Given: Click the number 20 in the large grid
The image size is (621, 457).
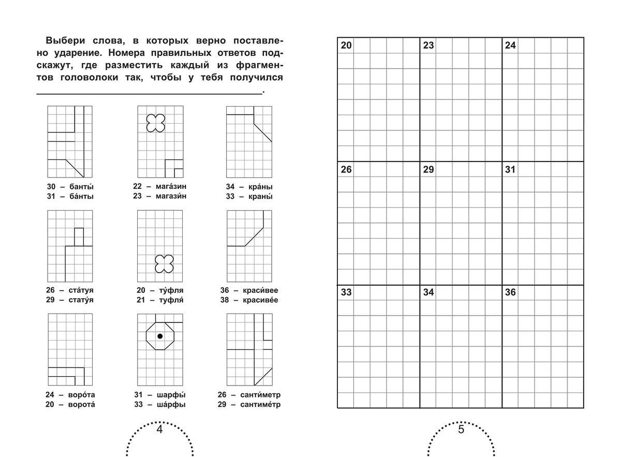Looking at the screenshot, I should point(346,46).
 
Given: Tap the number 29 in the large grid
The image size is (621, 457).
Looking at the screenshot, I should point(428,169).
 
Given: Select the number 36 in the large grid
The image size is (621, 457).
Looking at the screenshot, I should point(510,292).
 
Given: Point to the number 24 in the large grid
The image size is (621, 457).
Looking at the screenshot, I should point(510,46).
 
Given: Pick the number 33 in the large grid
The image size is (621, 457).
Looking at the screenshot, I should point(346,292).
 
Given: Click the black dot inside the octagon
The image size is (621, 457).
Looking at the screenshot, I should point(160,336).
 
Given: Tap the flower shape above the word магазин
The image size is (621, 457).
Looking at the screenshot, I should point(155,123).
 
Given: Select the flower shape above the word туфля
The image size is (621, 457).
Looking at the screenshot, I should point(164,263).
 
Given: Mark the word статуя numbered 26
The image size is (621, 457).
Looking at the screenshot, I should point(81,290).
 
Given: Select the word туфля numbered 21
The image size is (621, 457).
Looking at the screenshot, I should point(170,300).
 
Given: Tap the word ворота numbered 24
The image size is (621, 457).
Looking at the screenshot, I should point(82,394).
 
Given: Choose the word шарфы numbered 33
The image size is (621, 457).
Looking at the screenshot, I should point(170,405).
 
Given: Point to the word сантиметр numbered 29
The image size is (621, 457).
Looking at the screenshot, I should point(260,405).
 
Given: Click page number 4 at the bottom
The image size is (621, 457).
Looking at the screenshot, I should point(159,430).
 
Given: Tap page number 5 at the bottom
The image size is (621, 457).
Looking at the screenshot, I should point(462,430).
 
